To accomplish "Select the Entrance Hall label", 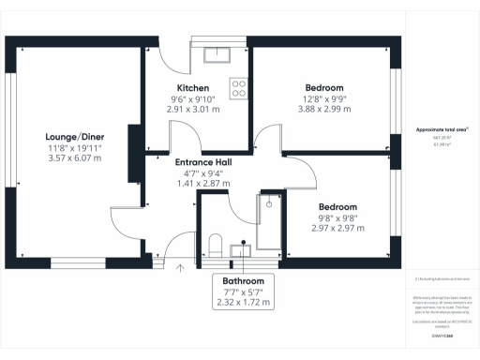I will pos(203,162).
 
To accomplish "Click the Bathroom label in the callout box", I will pos(243,281).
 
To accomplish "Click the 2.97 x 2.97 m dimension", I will pos(337,228).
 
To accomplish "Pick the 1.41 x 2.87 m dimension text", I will pos(203,184).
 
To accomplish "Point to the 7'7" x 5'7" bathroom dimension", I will pos(243,292).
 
